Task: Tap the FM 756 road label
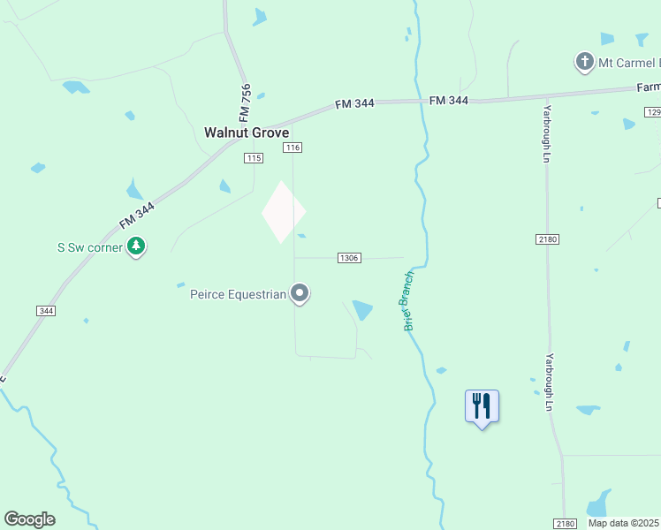point(246,103)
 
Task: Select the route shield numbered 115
point(255,158)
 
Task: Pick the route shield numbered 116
point(293,147)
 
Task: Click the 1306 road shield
point(349,258)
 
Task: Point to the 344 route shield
point(46,311)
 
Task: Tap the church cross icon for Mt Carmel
point(584,63)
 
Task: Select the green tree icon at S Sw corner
point(136,246)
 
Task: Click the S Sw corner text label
point(90,247)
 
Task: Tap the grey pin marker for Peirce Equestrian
point(300,293)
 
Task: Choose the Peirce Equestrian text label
point(239,294)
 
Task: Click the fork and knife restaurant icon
point(482,406)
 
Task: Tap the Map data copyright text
point(624,523)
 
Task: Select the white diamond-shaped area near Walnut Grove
point(283,212)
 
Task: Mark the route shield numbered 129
point(653,112)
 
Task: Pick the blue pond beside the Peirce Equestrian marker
point(362,309)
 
